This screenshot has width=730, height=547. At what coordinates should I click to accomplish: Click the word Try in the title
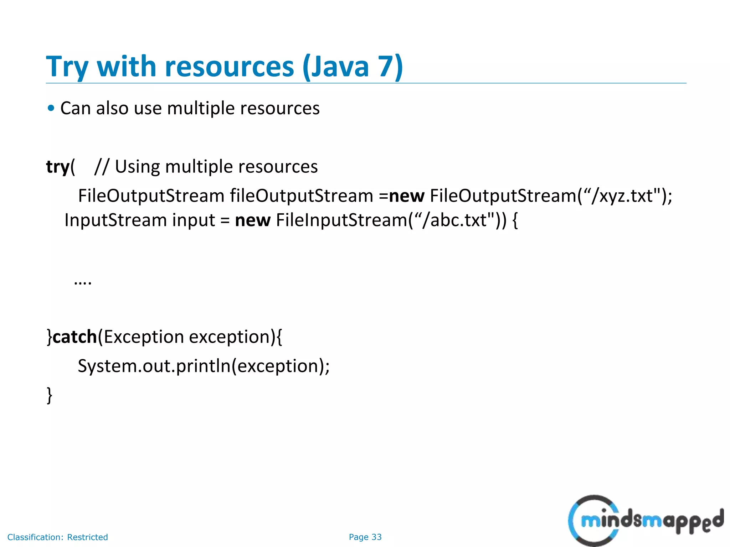point(67,67)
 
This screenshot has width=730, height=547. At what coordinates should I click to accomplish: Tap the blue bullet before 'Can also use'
point(51,108)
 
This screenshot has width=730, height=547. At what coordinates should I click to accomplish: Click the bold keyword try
point(58,167)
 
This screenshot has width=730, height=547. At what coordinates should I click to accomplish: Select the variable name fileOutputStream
point(301,196)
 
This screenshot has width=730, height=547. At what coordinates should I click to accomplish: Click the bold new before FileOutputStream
point(406,196)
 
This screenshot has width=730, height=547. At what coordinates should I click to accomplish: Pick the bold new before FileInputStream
point(253,220)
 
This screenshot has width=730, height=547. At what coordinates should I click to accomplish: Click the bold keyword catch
point(74,337)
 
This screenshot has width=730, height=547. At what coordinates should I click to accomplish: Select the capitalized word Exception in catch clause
point(144,337)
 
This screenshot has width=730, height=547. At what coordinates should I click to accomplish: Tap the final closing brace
point(50,395)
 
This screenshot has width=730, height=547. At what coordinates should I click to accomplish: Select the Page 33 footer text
point(365,537)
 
